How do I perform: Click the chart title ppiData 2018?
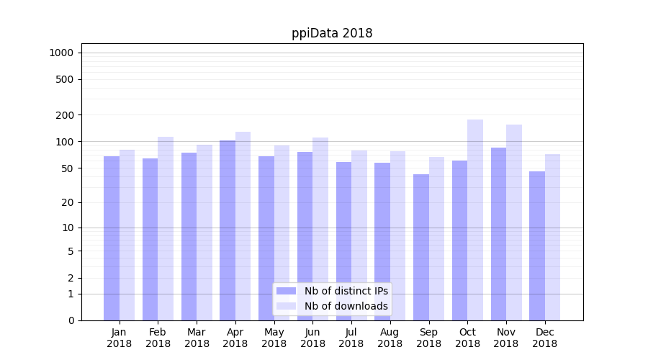click(332, 33)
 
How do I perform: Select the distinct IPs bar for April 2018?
click(228, 230)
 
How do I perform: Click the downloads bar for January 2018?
click(127, 235)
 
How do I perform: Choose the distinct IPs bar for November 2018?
click(498, 234)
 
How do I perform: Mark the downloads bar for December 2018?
click(553, 237)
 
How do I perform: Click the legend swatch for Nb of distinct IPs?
click(286, 291)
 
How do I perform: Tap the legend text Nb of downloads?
click(346, 306)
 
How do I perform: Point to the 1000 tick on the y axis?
click(61, 53)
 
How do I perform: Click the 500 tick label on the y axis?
click(64, 79)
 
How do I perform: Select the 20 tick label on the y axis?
click(67, 202)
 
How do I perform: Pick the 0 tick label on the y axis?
click(71, 320)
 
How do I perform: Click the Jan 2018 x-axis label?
click(120, 338)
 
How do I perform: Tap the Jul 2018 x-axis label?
click(351, 338)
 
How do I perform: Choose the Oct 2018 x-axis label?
click(467, 338)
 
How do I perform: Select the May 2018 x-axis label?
click(274, 338)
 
